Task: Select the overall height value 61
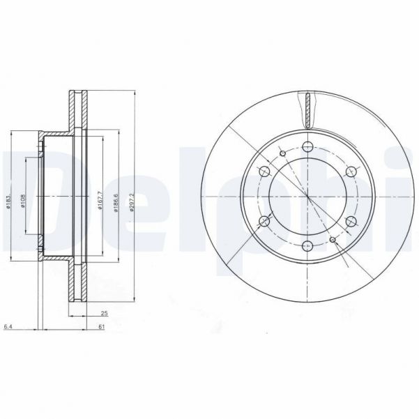click(102, 325)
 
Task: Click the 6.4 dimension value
click(8, 325)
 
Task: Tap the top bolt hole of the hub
click(307, 147)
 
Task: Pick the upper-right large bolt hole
click(349, 172)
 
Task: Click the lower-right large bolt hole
click(349, 221)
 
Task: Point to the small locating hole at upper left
click(282, 153)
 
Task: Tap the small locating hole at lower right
click(333, 240)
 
